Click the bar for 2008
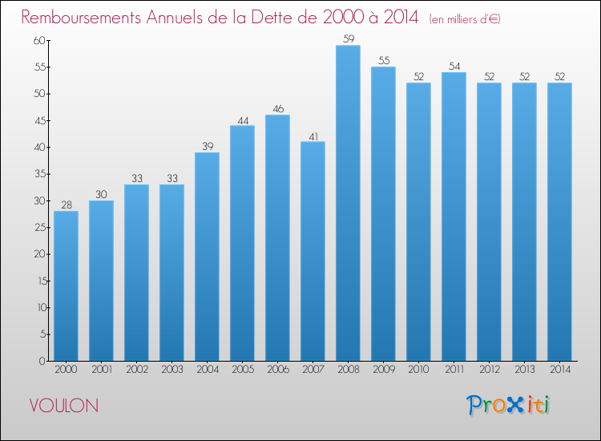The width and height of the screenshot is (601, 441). [348, 203]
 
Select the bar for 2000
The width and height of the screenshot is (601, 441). [66, 286]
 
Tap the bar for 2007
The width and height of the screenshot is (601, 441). [313, 251]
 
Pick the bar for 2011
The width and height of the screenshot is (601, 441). [454, 216]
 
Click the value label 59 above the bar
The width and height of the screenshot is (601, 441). [349, 38]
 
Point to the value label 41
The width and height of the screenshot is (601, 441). [313, 136]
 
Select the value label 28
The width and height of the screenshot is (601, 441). [67, 204]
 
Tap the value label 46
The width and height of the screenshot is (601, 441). [278, 109]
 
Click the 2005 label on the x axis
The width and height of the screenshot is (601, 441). [243, 370]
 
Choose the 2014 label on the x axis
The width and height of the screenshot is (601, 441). [560, 370]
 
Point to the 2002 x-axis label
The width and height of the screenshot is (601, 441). [137, 370]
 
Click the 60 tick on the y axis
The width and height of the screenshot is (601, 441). [39, 40]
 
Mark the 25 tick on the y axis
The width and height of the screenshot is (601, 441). [40, 228]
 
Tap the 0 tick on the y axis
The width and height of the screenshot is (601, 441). [42, 361]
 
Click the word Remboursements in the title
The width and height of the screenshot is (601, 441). [81, 18]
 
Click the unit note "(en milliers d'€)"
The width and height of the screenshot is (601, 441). [465, 19]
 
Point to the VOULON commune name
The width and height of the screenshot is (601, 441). [64, 406]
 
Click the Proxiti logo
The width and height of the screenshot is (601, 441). [508, 405]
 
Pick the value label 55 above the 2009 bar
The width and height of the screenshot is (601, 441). [384, 60]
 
